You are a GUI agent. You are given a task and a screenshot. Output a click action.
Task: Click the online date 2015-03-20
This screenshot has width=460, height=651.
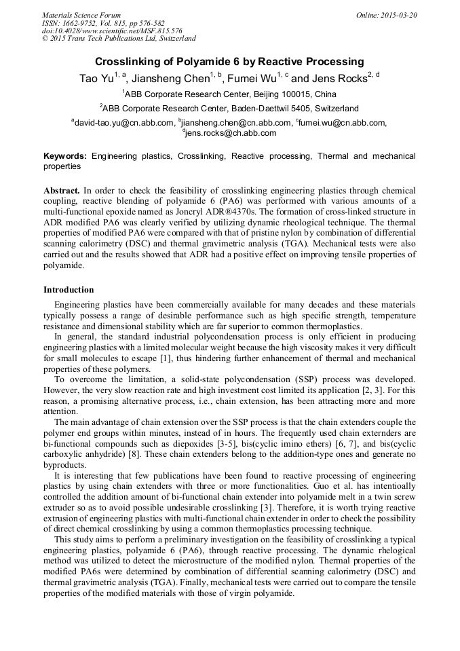click(396, 15)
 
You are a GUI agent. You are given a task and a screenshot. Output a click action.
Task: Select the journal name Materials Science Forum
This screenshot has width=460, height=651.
click(81, 15)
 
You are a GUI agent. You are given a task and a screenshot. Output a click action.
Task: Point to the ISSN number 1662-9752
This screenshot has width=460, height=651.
click(81, 23)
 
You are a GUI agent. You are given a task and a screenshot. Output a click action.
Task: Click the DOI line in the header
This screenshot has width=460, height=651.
click(112, 31)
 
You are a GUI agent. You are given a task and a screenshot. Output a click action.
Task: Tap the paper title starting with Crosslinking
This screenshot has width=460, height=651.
click(229, 61)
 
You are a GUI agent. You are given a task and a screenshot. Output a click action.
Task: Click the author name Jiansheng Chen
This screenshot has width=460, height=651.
click(169, 79)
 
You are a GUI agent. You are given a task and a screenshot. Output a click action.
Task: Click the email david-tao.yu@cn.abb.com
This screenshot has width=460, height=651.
click(124, 123)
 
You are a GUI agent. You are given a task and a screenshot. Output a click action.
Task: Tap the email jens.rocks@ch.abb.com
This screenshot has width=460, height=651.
click(231, 133)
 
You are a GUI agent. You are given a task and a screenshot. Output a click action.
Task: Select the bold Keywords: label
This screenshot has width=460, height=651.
click(65, 156)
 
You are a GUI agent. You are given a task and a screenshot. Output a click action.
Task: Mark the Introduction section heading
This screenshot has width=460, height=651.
click(69, 290)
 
